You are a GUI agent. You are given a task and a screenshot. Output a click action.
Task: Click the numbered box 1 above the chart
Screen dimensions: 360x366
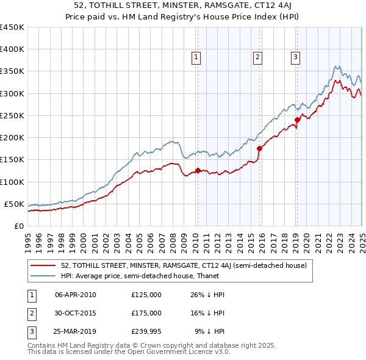click(x=196, y=58)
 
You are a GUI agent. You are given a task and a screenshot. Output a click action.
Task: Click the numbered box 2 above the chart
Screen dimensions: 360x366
click(x=258, y=58)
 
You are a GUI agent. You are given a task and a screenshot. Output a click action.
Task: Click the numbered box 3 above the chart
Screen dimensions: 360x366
click(x=295, y=58)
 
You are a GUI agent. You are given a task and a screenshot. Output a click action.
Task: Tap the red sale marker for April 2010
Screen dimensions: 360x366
click(x=198, y=171)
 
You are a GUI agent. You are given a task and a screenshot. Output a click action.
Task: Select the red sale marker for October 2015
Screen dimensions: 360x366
click(x=260, y=148)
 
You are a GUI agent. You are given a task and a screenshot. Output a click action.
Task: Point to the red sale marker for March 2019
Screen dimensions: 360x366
click(x=297, y=120)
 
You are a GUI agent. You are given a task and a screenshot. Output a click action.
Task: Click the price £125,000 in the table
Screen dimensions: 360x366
click(x=146, y=294)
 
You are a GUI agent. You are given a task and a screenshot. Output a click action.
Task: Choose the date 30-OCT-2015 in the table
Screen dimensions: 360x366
click(x=76, y=312)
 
